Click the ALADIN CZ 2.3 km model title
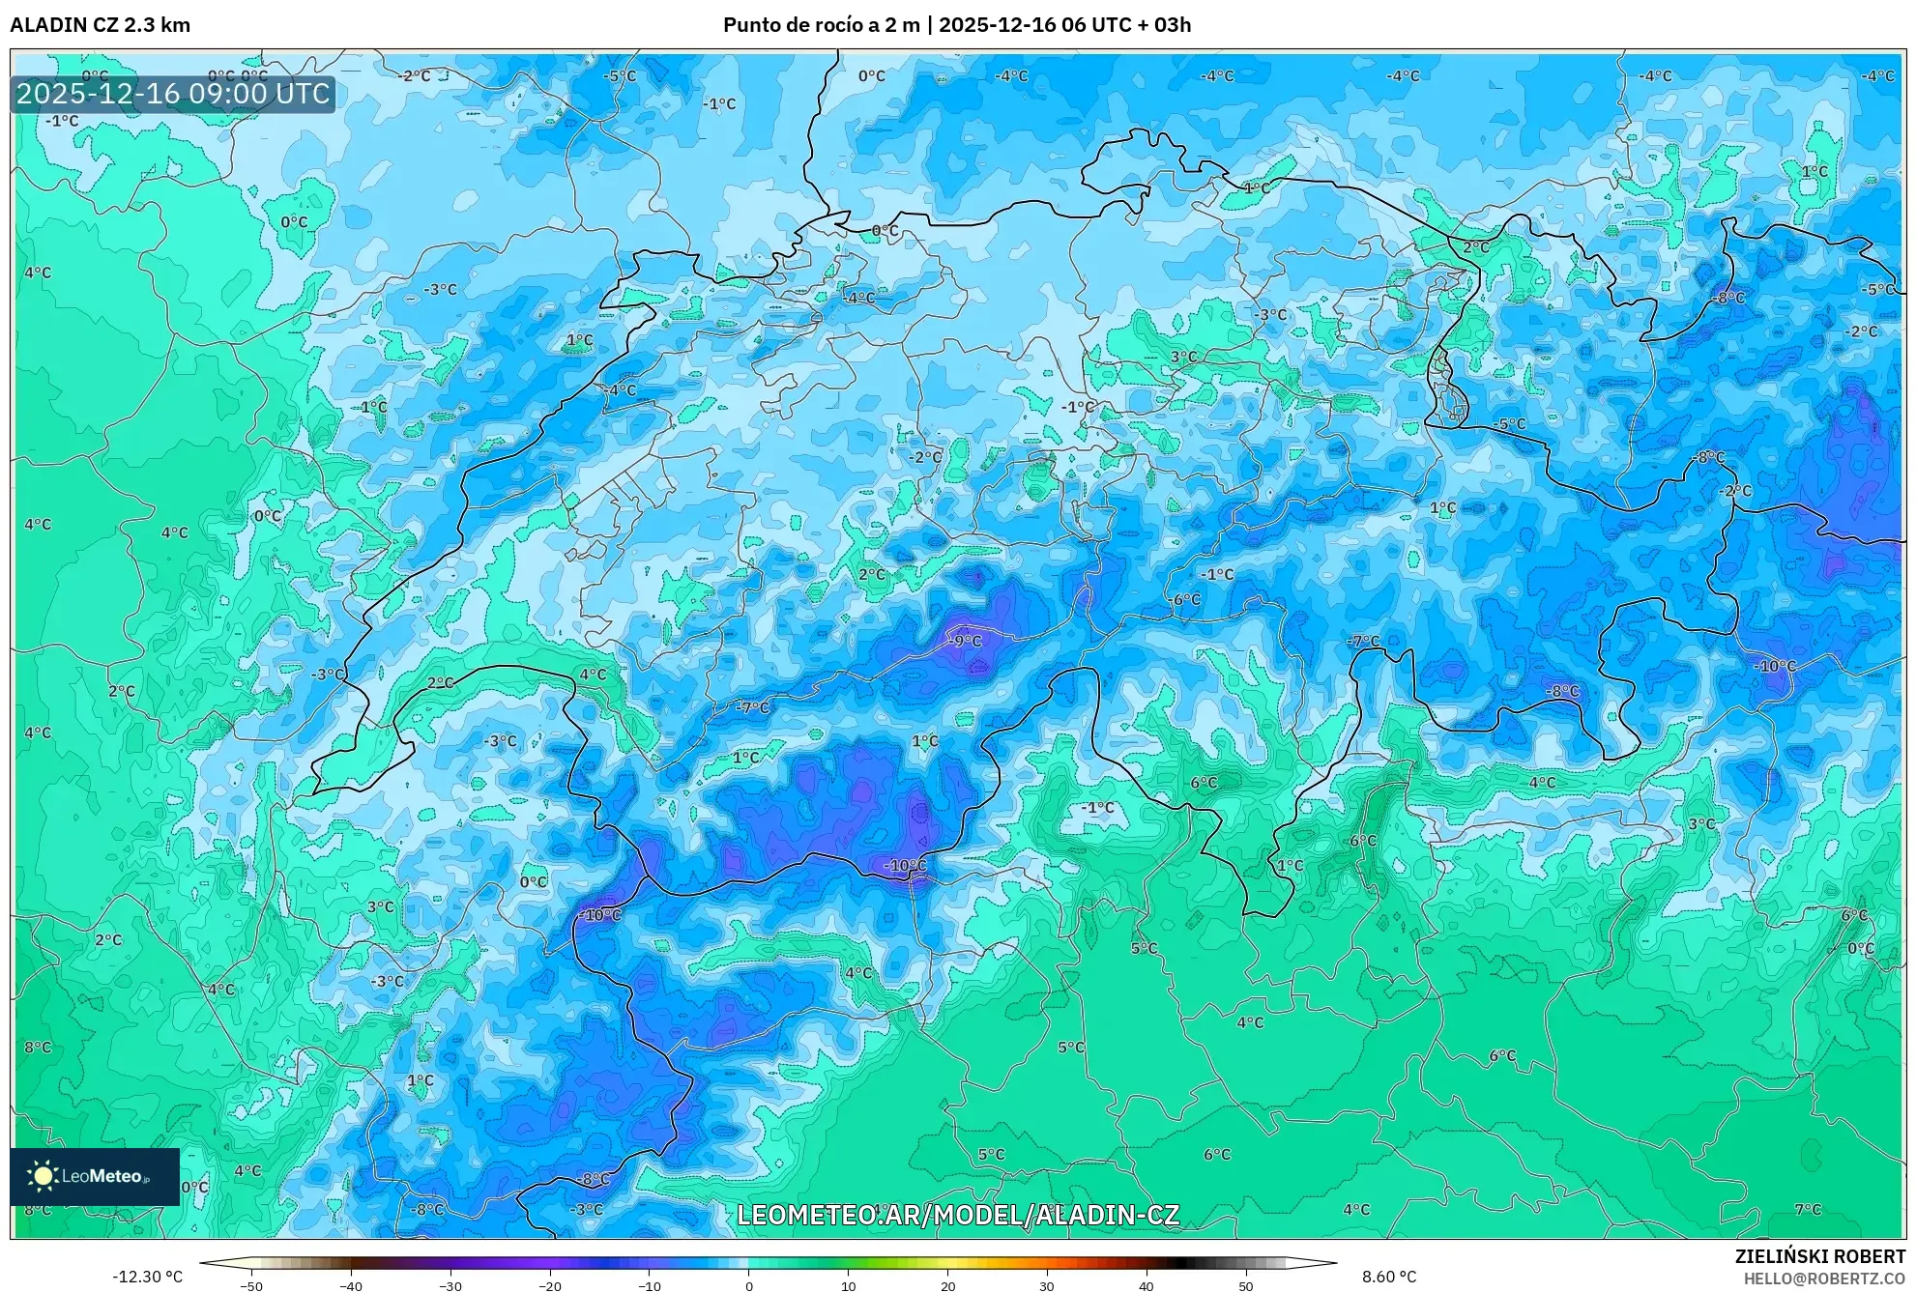tap(100, 25)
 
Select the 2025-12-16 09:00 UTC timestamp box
tap(173, 94)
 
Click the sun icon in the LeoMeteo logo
tap(43, 1175)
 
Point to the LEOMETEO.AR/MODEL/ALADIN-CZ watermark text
tap(957, 1215)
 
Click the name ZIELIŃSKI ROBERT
tap(1820, 1256)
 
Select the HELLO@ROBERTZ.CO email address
tap(1824, 1278)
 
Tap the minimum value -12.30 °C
tap(147, 1277)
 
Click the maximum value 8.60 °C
tap(1389, 1277)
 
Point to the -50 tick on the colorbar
tap(251, 1285)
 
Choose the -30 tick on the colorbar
tap(450, 1285)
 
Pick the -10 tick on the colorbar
tap(650, 1285)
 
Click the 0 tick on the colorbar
tap(749, 1285)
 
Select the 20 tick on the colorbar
tap(948, 1285)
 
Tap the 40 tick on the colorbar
tap(1147, 1285)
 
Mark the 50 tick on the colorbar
tap(1246, 1285)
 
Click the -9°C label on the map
tap(964, 641)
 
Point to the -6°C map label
tap(1185, 599)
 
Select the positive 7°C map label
tap(1808, 1209)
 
